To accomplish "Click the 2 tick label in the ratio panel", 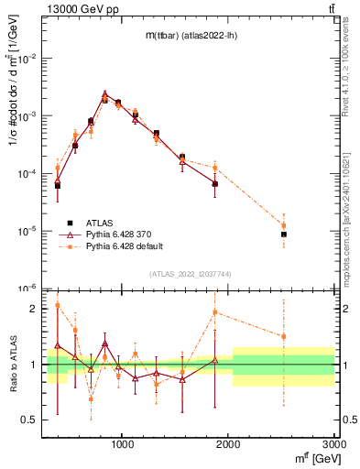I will pyautogui.click(x=34, y=309).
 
